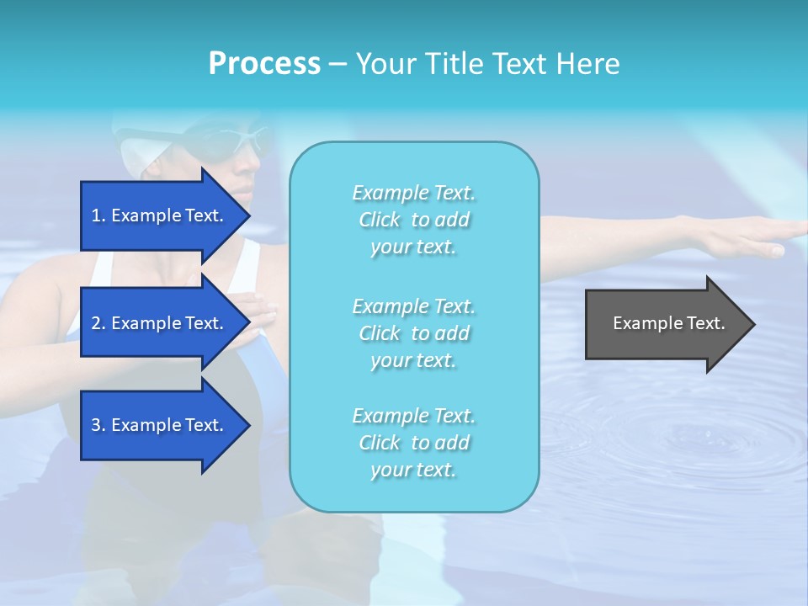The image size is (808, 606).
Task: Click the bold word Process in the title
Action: [x=264, y=64]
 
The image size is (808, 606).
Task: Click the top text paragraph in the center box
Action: [x=413, y=220]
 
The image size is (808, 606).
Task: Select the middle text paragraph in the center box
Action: [x=413, y=333]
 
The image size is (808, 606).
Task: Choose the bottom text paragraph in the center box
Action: [x=413, y=443]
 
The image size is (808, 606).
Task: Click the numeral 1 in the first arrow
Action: [x=95, y=215]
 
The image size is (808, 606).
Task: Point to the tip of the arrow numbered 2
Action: [x=249, y=323]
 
